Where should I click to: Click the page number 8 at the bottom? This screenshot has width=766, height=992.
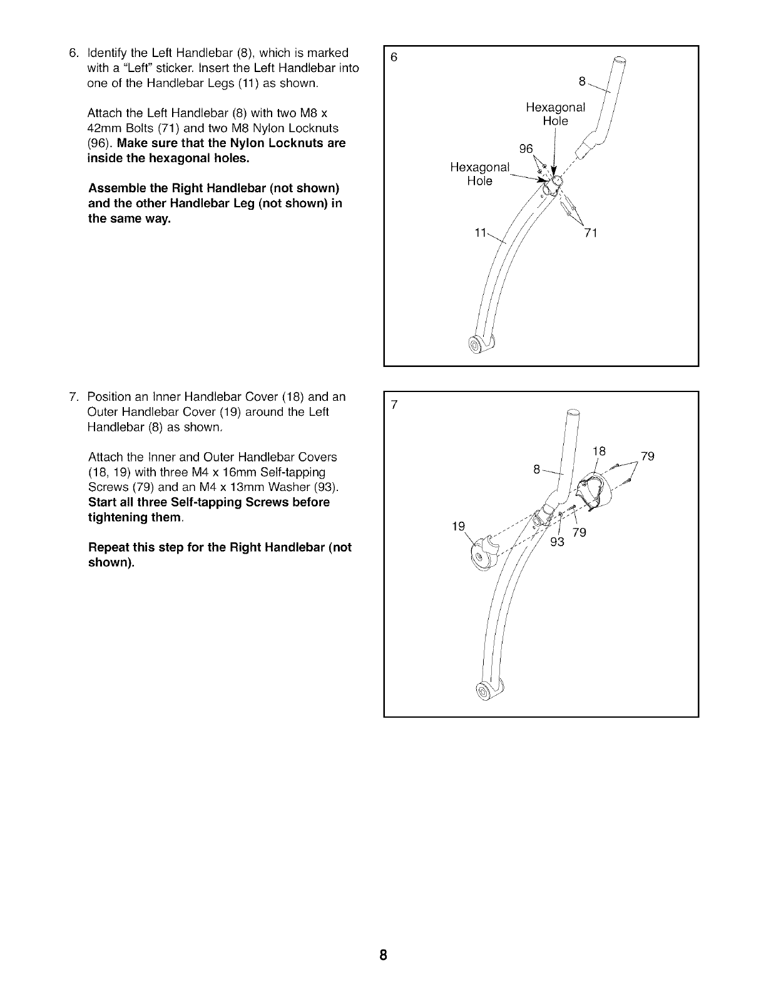(x=383, y=956)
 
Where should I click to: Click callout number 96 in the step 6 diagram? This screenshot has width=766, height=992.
(x=527, y=149)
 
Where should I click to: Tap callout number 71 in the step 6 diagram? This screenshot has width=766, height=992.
(x=591, y=234)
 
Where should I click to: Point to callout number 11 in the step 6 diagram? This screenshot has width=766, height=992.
(x=480, y=234)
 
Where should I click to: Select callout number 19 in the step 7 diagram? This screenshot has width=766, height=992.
(x=458, y=526)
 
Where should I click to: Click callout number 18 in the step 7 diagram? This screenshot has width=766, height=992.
(x=599, y=451)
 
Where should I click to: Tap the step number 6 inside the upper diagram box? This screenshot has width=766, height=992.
(x=394, y=58)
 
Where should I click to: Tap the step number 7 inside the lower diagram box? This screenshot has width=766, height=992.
(x=394, y=405)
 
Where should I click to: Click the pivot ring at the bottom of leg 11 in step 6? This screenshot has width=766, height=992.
(x=478, y=344)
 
